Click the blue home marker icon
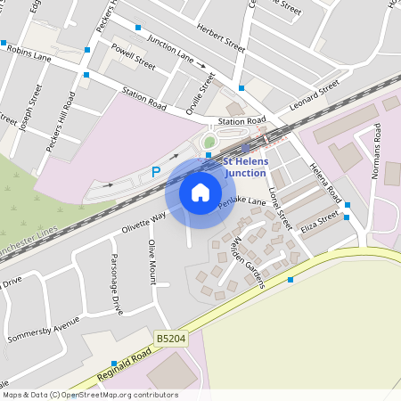click(x=200, y=192)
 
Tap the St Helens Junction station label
click(x=244, y=168)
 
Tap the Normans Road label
click(x=376, y=151)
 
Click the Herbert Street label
click(x=221, y=38)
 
